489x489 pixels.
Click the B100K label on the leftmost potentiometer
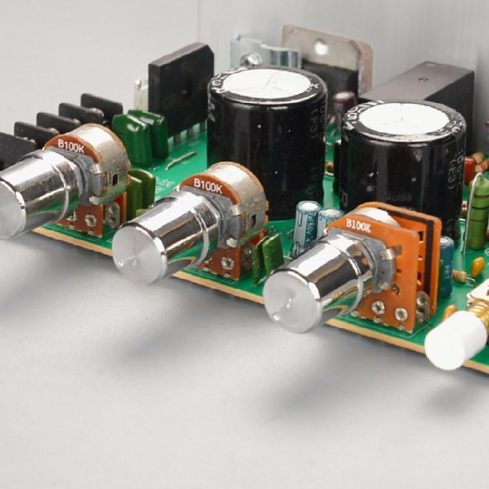click(x=71, y=147)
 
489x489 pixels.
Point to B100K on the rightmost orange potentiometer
click(x=358, y=225)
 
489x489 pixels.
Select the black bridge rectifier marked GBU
click(x=180, y=88)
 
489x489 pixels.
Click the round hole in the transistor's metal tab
click(x=321, y=48)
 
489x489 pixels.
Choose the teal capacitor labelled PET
click(x=447, y=264)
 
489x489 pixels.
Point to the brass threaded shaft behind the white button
click(x=480, y=312)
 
